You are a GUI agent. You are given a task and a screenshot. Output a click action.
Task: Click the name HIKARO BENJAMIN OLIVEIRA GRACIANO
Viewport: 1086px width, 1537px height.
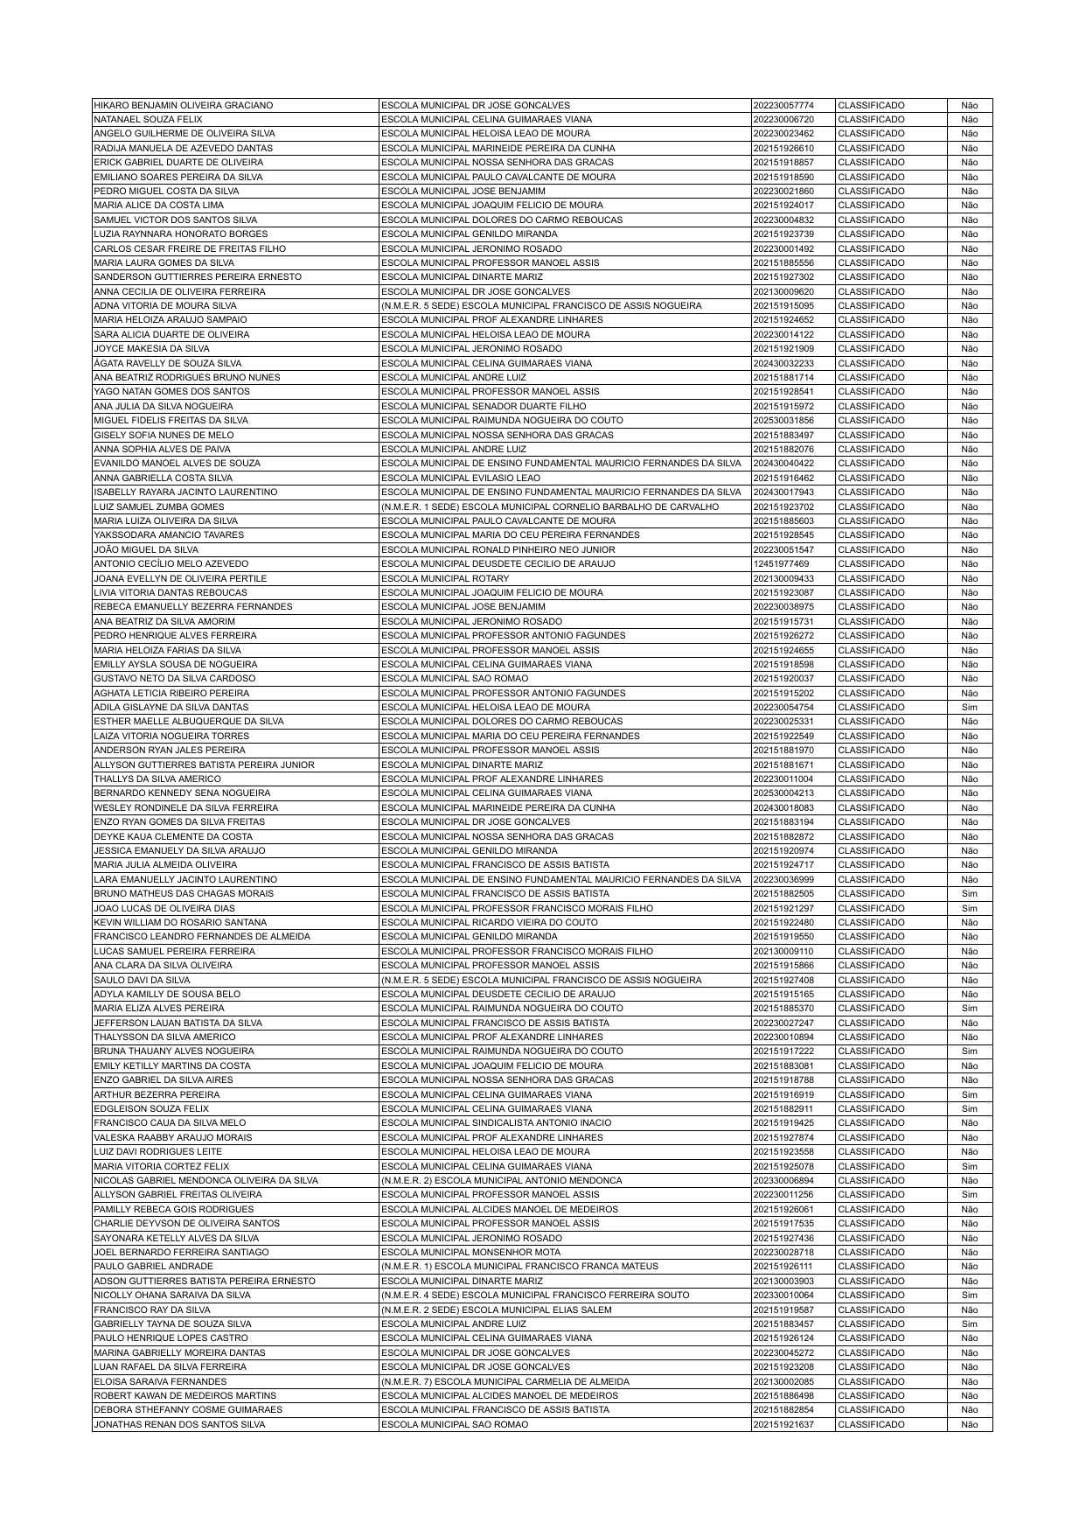click(184, 105)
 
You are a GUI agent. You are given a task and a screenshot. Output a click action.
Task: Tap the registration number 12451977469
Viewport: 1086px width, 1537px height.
click(781, 564)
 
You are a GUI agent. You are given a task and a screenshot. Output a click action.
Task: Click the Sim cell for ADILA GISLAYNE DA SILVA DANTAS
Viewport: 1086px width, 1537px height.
click(969, 708)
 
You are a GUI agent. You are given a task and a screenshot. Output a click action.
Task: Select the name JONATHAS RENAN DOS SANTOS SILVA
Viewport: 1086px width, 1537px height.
click(179, 1425)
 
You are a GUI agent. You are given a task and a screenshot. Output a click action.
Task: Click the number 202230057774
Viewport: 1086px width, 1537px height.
click(783, 105)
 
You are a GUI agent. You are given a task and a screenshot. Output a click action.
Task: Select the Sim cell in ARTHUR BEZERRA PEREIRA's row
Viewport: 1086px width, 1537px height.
click(969, 1094)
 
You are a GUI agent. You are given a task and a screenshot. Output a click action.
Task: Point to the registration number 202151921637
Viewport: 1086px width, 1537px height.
click(783, 1425)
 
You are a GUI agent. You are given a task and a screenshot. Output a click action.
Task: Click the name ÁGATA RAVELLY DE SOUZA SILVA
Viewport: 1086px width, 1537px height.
click(168, 363)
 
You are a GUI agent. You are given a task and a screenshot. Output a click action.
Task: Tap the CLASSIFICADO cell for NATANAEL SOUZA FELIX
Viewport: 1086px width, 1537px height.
click(871, 119)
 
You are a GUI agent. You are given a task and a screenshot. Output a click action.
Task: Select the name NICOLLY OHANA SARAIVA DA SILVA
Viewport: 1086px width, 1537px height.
click(172, 1296)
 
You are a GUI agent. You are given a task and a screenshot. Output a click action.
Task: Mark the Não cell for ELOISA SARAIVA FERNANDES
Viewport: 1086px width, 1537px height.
click(969, 1381)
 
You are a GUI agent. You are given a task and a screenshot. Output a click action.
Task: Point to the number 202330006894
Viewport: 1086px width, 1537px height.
click(783, 1180)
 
